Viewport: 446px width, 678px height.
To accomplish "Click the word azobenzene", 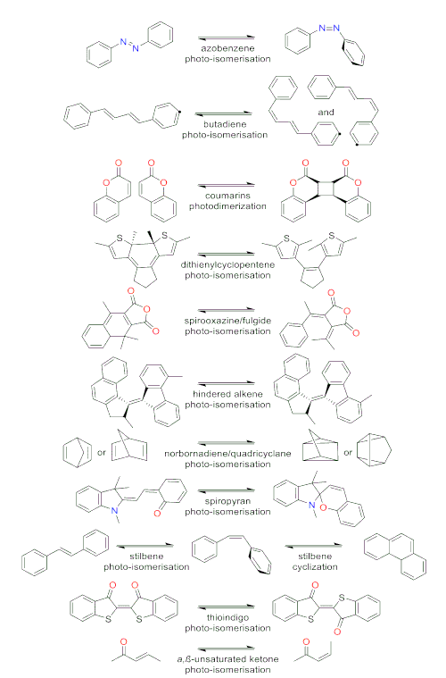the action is tap(227, 48).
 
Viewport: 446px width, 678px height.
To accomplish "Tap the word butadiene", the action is tap(225, 124).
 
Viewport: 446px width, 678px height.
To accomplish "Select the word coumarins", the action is tap(227, 196).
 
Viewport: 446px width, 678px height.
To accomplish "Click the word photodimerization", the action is tap(227, 206).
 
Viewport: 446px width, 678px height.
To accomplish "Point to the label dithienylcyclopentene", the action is tap(227, 264).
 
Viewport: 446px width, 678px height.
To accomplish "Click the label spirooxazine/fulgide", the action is tap(227, 321).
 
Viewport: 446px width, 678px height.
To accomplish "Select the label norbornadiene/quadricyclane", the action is tap(227, 454).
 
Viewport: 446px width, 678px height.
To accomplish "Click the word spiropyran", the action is tap(227, 501).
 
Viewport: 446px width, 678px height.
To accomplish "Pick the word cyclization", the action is tap(315, 567).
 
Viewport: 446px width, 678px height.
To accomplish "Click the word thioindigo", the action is tap(227, 617).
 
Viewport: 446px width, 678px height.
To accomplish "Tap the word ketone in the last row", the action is tap(264, 659).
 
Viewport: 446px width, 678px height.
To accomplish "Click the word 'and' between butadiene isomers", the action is tap(326, 113).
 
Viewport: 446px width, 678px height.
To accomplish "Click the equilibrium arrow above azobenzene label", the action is tap(227, 38).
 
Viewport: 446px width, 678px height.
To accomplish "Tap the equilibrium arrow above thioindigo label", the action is tap(227, 607).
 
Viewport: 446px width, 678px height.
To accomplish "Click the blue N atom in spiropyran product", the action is tap(311, 505).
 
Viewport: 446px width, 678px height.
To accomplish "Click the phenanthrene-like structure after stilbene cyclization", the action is tap(395, 556).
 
